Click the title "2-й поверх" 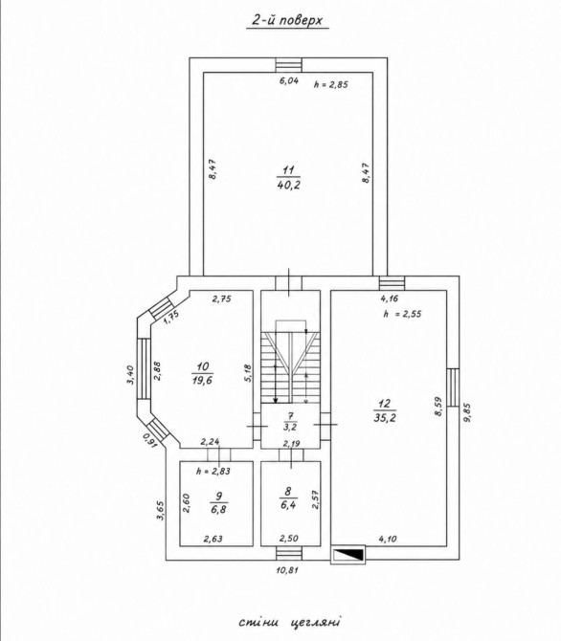point(287,21)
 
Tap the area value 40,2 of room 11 point(288,185)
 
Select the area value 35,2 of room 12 point(385,417)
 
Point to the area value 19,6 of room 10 point(202,380)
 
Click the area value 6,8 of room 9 point(219,509)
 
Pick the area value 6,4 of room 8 point(288,504)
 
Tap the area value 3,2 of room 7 point(290,428)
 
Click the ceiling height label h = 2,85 point(330,84)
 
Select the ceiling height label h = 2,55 point(402,314)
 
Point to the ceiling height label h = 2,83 point(213,471)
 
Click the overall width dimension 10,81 point(287,569)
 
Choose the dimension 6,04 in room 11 point(289,80)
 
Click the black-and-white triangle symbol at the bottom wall point(348,555)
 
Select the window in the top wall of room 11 point(288,65)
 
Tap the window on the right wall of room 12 point(453,387)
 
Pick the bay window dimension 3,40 point(130,374)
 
